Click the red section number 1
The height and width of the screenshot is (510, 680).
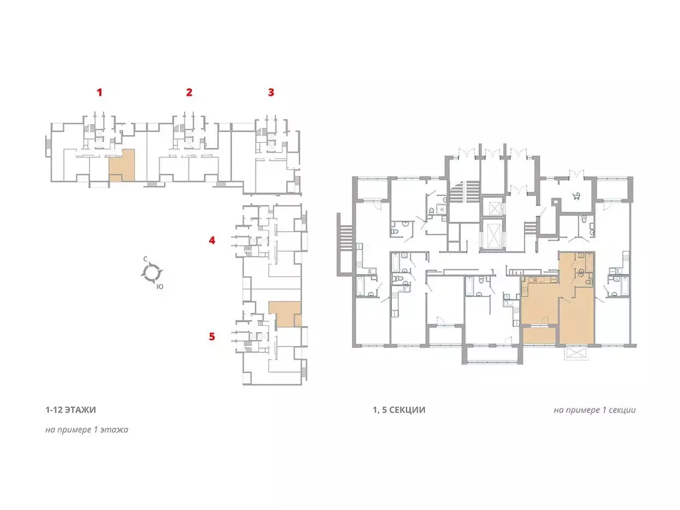[100, 92]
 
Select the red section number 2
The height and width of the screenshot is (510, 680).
[189, 92]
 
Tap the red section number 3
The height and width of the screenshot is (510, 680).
[271, 92]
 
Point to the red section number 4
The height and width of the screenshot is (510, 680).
[212, 240]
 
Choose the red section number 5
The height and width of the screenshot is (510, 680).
[212, 337]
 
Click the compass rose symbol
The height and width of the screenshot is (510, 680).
[152, 273]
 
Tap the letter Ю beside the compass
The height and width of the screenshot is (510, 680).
[160, 287]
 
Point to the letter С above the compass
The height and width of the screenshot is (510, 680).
[145, 259]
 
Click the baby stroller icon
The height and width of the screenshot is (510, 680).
[576, 196]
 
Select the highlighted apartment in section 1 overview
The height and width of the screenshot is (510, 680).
[122, 165]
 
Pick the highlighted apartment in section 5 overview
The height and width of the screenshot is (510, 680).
[284, 313]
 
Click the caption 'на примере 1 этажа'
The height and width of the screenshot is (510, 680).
[87, 430]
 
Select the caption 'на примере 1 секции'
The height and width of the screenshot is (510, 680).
[594, 410]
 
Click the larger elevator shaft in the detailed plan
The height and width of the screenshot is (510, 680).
[493, 234]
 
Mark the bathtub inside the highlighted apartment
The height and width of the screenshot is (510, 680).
[590, 263]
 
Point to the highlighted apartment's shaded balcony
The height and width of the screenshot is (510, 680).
[539, 335]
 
